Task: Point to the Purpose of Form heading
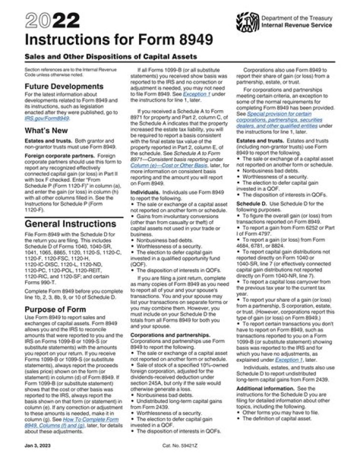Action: click(x=56, y=309)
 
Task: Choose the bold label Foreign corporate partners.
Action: click(x=51, y=155)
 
